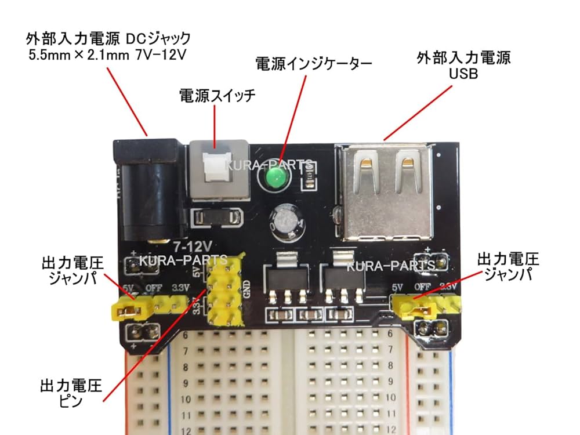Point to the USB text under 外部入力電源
click(x=464, y=75)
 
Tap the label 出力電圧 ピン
click(x=71, y=393)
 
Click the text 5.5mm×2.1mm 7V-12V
click(x=106, y=56)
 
